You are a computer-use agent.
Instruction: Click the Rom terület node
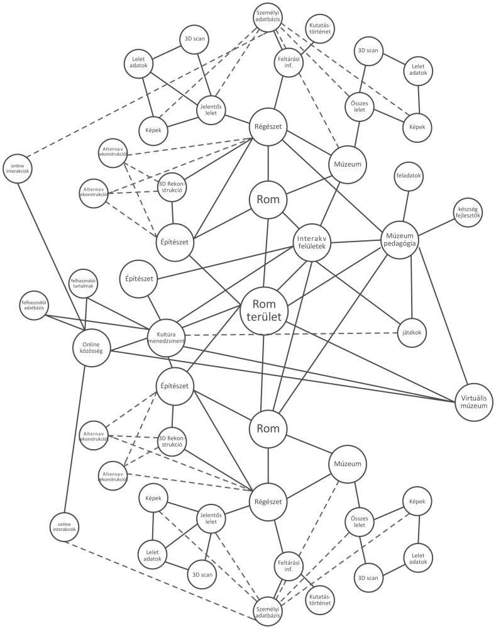(263, 308)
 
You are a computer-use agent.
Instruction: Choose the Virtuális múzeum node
(472, 401)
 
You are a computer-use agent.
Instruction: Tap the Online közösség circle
(91, 347)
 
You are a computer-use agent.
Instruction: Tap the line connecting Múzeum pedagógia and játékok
(412, 286)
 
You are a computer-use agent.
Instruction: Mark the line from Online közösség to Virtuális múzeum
(283, 376)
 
